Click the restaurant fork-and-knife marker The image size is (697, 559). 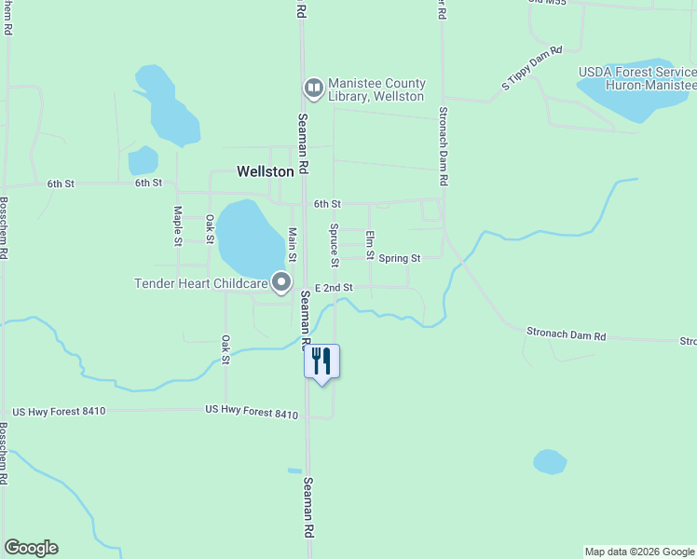[322, 361]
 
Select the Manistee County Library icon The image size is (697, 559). [314, 89]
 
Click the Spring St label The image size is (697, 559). [400, 257]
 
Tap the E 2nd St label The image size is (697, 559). [334, 288]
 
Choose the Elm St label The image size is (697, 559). [370, 244]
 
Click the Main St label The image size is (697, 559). [292, 244]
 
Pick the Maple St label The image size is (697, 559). [177, 226]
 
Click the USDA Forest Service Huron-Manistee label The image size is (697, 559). [636, 76]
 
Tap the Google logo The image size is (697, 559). [31, 548]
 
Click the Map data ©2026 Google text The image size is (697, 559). [639, 552]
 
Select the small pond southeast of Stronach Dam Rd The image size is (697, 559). [550, 461]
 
